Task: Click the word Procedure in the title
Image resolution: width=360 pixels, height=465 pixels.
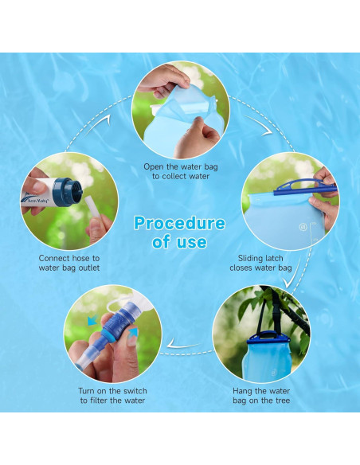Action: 179,222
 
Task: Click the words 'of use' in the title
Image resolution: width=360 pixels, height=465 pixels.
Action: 179,242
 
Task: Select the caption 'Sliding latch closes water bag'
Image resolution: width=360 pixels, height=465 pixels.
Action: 260,264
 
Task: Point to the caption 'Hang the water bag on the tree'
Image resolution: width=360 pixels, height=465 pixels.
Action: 260,396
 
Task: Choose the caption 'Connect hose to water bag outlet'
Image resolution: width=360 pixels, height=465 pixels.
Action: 69,264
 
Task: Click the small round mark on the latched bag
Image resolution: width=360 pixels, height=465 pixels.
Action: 303,226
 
